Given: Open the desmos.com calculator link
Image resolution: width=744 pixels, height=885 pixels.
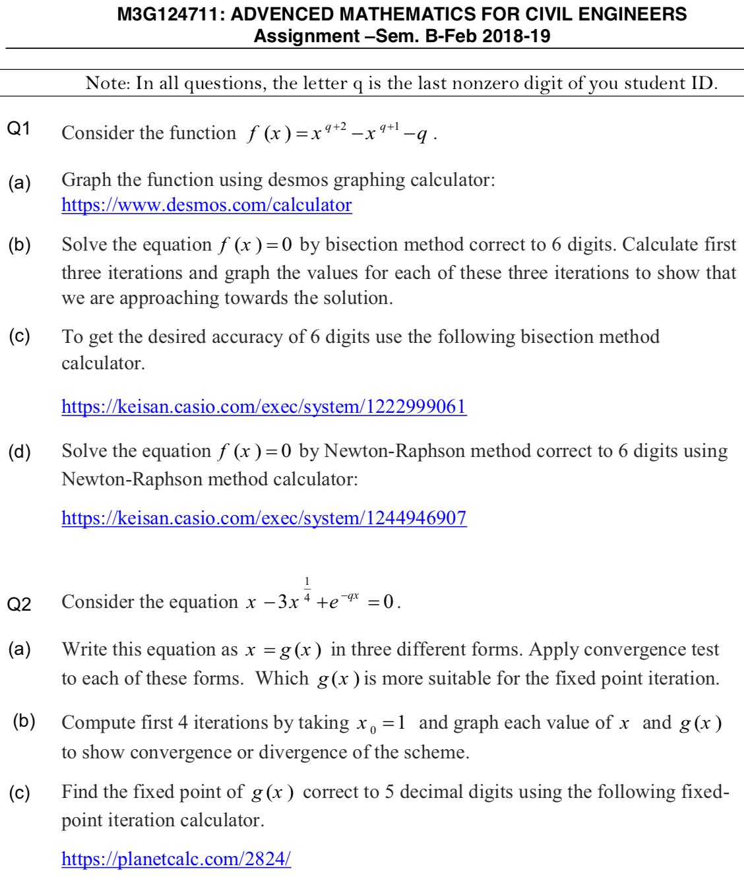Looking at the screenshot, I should (x=206, y=205).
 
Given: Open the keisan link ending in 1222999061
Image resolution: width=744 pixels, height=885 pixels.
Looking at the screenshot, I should (x=264, y=406).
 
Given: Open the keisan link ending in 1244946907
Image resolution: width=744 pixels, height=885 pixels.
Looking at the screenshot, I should (x=264, y=518).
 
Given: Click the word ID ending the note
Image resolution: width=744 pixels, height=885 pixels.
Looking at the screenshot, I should (x=701, y=84).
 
